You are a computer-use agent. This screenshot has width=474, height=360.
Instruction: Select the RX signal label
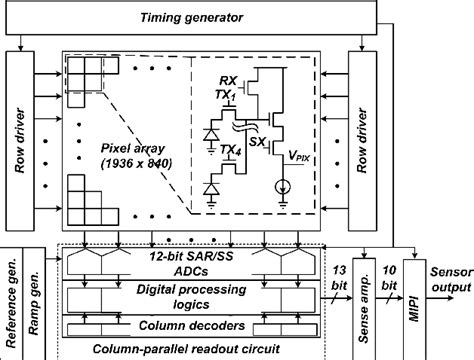click(x=227, y=77)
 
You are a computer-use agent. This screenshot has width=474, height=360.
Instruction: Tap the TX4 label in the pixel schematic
click(x=230, y=150)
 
